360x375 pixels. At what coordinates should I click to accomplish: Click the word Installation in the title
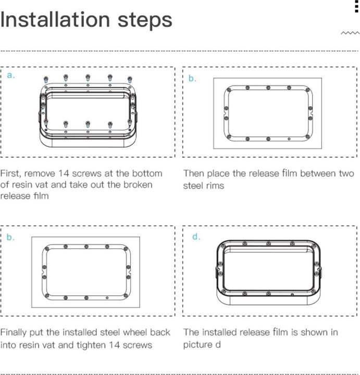click(54, 20)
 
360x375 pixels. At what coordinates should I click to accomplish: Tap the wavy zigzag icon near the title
click(350, 33)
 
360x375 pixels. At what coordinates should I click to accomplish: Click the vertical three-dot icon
click(356, 6)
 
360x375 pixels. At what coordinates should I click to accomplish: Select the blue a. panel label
click(11, 76)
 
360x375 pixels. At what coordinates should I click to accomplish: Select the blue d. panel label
click(196, 237)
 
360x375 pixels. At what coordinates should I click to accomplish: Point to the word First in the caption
click(10, 173)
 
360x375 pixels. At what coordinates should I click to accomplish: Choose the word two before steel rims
click(344, 173)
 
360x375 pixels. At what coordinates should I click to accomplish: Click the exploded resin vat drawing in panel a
click(88, 110)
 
